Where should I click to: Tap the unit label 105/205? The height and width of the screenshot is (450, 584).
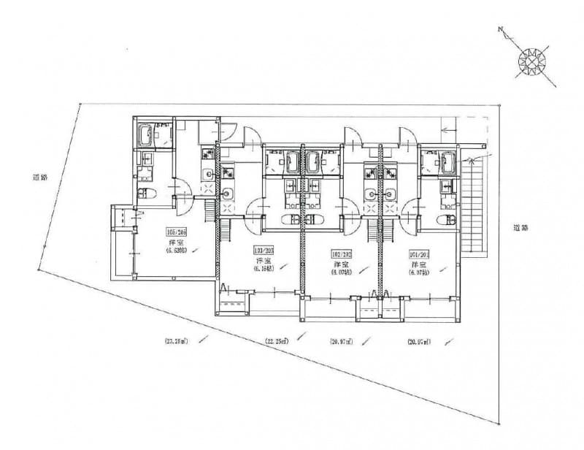click(x=177, y=233)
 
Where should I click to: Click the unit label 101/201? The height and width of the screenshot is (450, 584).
click(x=419, y=254)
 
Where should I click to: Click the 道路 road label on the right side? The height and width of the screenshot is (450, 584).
click(x=519, y=227)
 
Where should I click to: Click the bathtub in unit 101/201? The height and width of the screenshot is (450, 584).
click(x=446, y=159)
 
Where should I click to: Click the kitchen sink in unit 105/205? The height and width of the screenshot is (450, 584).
click(x=207, y=174)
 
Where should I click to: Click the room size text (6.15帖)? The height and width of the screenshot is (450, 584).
click(x=263, y=268)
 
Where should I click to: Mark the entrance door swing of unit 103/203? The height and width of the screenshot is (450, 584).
click(x=251, y=135)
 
